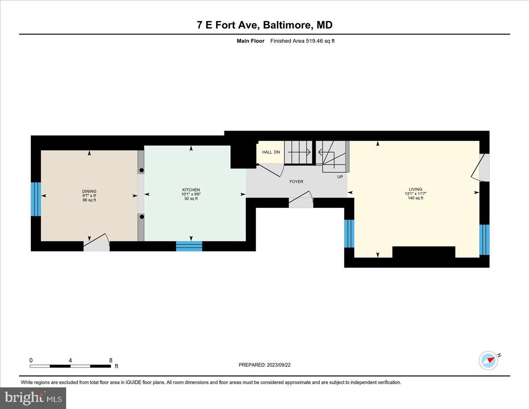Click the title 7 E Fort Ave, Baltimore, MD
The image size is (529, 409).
tap(264, 25)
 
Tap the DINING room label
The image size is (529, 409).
tap(89, 191)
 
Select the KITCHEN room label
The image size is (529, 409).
tap(191, 190)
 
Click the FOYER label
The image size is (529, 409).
tap(296, 181)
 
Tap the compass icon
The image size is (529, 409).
tap(488, 360)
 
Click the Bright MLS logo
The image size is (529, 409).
tap(33, 398)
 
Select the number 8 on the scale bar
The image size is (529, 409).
tap(111, 360)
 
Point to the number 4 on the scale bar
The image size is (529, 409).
tap(71, 360)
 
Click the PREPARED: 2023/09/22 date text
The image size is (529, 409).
tap(264, 365)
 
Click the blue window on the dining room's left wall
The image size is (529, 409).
tap(36, 199)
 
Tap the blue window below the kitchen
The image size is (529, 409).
tap(189, 246)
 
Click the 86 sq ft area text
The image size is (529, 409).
tap(89, 200)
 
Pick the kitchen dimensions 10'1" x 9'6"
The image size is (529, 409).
tap(191, 194)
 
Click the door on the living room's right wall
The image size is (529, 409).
tap(483, 168)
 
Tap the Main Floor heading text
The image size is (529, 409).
tap(250, 41)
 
